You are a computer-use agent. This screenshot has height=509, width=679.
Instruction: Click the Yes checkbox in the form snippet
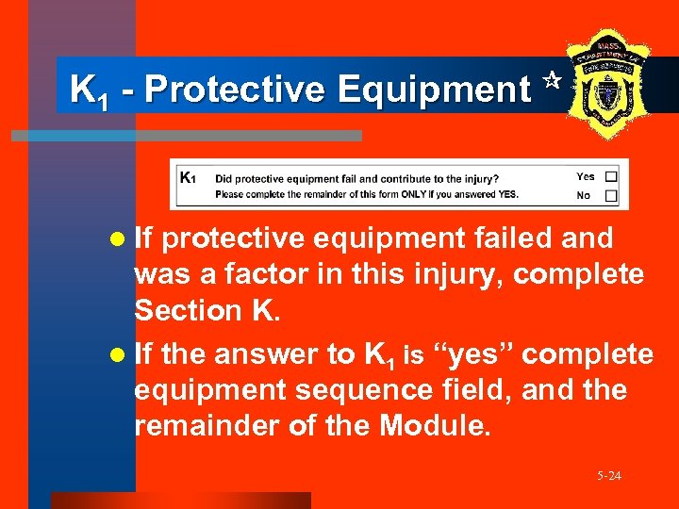[611, 176]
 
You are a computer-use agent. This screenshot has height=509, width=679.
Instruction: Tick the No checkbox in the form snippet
[611, 196]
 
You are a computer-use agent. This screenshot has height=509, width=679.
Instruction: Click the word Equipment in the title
[433, 90]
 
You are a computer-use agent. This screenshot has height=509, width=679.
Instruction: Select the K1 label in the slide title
[87, 90]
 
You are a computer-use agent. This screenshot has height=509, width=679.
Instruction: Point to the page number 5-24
[608, 476]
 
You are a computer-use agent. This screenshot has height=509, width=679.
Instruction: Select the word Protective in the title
[235, 90]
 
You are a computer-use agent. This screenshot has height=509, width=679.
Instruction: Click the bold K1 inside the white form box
[188, 176]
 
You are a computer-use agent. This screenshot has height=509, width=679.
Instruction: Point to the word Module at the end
[433, 426]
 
